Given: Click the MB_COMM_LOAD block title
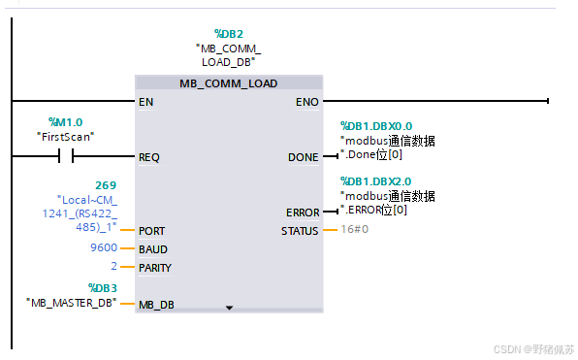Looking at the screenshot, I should pyautogui.click(x=228, y=83).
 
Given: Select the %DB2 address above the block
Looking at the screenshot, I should pyautogui.click(x=229, y=33).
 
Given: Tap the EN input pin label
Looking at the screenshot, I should pyautogui.click(x=146, y=101).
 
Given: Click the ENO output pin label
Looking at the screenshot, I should pyautogui.click(x=305, y=101).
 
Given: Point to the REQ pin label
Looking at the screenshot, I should pyautogui.click(x=149, y=156).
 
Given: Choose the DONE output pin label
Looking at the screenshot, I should pyautogui.click(x=303, y=156).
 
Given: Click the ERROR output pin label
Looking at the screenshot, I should pyautogui.click(x=303, y=213).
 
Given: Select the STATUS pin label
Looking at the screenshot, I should pyautogui.click(x=299, y=231).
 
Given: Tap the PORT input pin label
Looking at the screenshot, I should pyautogui.click(x=152, y=231).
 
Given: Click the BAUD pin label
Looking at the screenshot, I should pyautogui.click(x=153, y=249).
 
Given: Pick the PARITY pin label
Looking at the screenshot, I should pyautogui.click(x=157, y=268).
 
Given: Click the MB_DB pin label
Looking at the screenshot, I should pyautogui.click(x=156, y=305).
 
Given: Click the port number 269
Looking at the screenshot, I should pyautogui.click(x=106, y=184).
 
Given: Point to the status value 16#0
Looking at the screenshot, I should pyautogui.click(x=354, y=230).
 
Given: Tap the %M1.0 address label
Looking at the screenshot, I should pyautogui.click(x=66, y=122).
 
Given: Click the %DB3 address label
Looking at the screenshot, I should pyautogui.click(x=102, y=287).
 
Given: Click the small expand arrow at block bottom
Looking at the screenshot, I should pyautogui.click(x=229, y=308).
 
